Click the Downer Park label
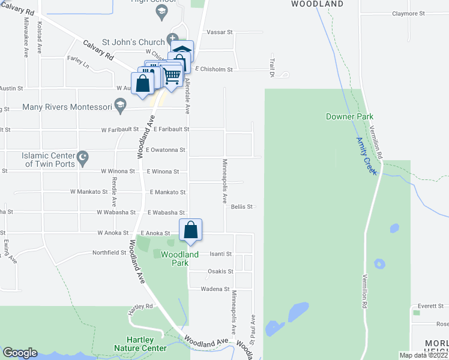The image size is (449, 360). [349, 116]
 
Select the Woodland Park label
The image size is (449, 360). [179, 259]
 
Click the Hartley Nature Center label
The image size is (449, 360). [140, 344]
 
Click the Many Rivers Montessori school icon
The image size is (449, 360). [121, 107]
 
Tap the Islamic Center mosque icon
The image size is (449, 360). [84, 159]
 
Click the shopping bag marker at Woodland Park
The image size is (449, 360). [190, 230]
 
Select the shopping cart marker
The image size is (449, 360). [172, 75]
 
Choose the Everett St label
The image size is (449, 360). [431, 306]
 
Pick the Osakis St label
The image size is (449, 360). [220, 271]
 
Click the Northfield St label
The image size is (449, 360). [109, 253]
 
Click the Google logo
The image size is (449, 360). [20, 353]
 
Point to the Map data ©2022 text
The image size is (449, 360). [423, 355]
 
